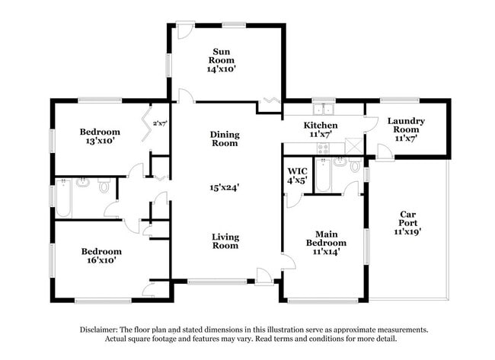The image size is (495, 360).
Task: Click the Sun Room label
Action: (222, 56)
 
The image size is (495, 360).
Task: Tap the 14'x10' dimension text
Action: (222, 68)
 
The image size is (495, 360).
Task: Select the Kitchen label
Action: (321, 126)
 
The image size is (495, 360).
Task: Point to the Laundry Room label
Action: (406, 126)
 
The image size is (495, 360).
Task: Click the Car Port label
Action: (407, 218)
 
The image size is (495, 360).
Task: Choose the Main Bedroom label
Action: (326, 238)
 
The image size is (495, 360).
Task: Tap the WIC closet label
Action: (297, 171)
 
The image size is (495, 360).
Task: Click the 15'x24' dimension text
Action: (225, 188)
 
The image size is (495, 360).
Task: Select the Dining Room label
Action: (225, 139)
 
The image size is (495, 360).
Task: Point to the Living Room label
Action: (225, 241)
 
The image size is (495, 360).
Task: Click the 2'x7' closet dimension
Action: (160, 123)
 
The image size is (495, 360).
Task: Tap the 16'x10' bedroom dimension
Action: (101, 260)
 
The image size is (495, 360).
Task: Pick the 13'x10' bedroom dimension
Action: (100, 141)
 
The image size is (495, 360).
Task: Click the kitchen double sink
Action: (324, 109)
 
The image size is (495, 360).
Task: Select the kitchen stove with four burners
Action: (323, 148)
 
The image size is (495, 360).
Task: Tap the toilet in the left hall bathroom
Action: (104, 186)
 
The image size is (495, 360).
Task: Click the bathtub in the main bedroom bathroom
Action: (323, 175)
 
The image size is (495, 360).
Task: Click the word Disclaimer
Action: (98, 330)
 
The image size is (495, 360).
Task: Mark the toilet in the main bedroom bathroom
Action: (355, 164)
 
